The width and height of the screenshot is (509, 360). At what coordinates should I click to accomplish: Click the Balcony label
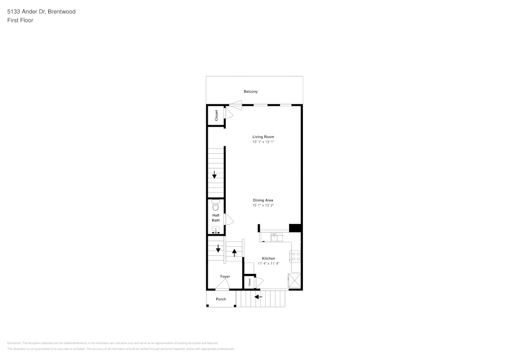250,92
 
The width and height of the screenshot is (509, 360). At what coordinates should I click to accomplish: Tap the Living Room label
263,137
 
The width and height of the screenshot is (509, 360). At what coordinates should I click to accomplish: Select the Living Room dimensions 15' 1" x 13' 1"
263,142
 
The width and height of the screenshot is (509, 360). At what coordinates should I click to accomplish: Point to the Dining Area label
263,200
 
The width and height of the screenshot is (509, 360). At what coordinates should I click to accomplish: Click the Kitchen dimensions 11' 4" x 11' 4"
268,264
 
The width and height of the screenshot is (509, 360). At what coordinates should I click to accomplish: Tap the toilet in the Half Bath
216,205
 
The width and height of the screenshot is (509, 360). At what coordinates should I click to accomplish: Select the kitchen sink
276,236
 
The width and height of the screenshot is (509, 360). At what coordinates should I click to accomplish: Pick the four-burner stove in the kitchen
296,256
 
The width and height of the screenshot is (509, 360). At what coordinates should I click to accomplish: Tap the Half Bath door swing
229,219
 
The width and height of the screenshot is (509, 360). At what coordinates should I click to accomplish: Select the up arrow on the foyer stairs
234,253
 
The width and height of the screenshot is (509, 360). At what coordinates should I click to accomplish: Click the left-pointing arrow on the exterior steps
258,296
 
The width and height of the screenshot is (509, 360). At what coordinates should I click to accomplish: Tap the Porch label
221,299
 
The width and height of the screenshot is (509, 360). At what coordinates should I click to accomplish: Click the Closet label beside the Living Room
216,115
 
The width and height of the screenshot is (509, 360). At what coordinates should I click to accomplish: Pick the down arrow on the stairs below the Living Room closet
214,175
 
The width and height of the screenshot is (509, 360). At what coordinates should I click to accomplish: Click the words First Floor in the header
20,20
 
